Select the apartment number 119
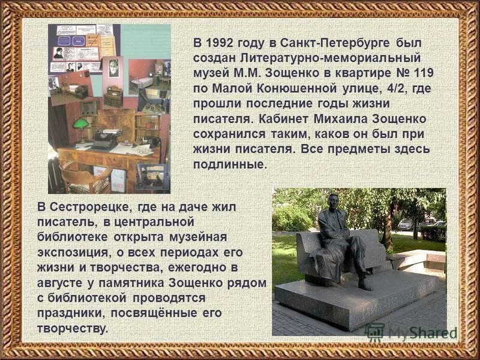tap(421, 73)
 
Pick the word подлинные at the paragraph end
tap(229, 163)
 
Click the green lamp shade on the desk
tap(80, 123)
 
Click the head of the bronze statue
tap(334, 200)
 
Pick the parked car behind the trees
tap(406, 224)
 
